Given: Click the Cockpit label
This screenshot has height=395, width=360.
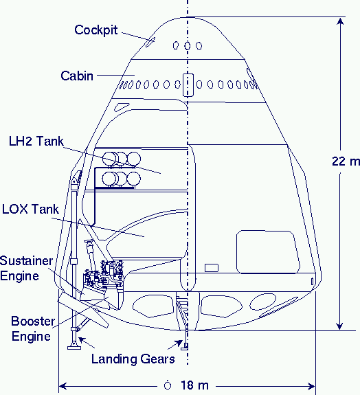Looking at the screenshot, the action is (x=95, y=30).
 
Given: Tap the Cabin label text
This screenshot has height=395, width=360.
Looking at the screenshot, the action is (x=77, y=76).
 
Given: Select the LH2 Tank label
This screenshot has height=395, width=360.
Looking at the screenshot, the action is (x=36, y=141).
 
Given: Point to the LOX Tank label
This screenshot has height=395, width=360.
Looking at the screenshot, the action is (x=30, y=209).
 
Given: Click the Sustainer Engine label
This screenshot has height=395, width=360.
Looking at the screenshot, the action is (x=26, y=269).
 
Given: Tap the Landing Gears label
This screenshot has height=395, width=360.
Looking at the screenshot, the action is (x=133, y=359).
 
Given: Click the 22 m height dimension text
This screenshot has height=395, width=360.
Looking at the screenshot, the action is (x=346, y=161).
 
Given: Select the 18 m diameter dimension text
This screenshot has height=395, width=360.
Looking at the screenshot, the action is (x=194, y=385).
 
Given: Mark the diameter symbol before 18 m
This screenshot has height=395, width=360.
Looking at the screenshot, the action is (x=168, y=385).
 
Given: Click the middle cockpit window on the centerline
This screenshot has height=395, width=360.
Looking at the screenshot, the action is (x=187, y=46).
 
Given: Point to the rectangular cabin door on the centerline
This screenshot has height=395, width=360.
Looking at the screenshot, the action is (x=188, y=85).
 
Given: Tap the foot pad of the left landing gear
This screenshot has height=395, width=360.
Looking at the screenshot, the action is (x=74, y=347).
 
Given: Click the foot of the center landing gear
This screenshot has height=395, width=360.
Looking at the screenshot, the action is (x=185, y=347).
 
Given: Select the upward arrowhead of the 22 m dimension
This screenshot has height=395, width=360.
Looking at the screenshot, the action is (x=340, y=21).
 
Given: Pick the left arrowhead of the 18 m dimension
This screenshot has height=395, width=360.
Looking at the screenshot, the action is (x=63, y=386).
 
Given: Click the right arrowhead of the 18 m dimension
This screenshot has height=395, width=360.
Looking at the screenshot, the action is (x=311, y=386).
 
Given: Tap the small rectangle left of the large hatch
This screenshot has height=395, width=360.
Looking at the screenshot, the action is (x=212, y=268).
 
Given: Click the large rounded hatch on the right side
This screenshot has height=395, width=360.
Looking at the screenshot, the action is (x=268, y=251).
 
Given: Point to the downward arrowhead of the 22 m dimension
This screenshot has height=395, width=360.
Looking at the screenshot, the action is (x=340, y=326).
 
